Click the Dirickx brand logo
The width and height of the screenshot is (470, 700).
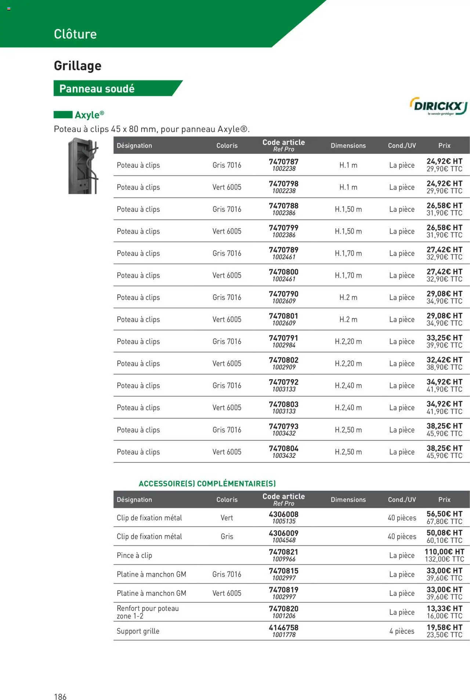pos(438,106)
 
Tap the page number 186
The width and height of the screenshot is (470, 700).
pos(60,697)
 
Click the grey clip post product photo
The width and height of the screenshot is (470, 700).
pos(84,166)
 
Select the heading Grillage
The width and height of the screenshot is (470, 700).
pos(77,66)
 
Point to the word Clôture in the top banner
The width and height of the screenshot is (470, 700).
pos(75,34)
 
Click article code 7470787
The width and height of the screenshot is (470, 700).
pos(283,162)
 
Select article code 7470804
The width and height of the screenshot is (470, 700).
pos(283,448)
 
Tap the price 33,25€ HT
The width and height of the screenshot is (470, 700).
pos(444,338)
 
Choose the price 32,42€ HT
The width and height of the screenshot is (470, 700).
pos(444,360)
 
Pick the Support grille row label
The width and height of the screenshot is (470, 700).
pos(138,631)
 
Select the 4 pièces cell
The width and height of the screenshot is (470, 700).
pos(402,631)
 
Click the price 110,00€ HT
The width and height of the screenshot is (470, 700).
pos(444,552)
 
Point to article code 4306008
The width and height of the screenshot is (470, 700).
pos(283,514)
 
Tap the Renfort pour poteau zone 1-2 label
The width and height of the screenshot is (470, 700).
pos(148,612)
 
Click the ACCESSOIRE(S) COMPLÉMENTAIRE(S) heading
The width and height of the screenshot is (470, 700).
pos(207,483)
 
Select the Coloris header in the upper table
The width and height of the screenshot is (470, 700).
pos(227,146)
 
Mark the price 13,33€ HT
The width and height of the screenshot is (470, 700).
pos(444,608)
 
